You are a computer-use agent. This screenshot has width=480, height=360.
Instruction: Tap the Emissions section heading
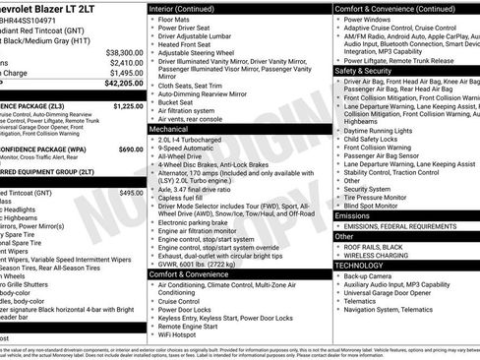pos(353,214)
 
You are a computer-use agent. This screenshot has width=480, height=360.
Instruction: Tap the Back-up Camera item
pos(372,276)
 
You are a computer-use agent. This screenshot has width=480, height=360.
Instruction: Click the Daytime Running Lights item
pos(382,131)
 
